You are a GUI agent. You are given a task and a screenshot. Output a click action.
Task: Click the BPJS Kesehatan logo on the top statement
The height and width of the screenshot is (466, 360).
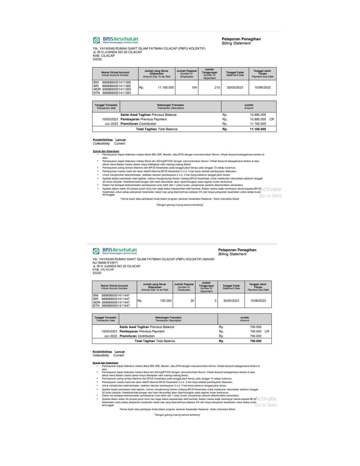point(115,40)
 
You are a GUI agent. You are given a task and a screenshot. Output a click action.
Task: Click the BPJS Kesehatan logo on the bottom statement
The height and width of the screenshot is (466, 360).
point(115,251)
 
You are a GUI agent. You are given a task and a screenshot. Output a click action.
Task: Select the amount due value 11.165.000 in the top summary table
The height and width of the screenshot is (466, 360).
point(166,88)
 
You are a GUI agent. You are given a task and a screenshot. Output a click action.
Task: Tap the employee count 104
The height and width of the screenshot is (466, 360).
point(194,88)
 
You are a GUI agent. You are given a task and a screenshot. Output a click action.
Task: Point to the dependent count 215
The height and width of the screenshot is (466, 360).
point(217,88)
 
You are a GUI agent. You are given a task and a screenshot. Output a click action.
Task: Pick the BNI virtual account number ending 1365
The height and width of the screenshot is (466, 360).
point(116,82)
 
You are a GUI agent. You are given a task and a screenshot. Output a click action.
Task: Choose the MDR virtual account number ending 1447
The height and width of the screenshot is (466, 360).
point(115,302)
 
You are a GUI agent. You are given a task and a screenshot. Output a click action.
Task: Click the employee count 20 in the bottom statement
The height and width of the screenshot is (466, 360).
point(192,301)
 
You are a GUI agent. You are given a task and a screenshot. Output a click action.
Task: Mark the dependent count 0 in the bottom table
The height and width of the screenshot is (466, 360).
point(215,301)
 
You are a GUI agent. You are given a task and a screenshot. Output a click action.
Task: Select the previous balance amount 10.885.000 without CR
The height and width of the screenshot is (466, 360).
point(258,115)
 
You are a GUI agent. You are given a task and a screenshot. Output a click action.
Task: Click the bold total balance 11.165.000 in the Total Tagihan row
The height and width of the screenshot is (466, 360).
point(258,129)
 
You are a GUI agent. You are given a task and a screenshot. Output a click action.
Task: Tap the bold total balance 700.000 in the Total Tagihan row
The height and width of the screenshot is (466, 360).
point(256,341)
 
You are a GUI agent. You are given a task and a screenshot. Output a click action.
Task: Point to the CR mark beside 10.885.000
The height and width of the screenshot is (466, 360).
point(272,119)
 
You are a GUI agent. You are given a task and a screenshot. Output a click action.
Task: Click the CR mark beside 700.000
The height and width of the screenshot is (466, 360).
point(267,332)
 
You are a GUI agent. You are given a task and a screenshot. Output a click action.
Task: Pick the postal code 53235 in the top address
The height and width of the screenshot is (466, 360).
point(97,60)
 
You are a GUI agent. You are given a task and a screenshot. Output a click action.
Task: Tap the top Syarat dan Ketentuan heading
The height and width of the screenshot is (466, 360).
point(106,151)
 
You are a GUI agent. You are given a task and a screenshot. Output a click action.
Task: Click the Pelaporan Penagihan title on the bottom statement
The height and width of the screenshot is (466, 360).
point(237,250)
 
